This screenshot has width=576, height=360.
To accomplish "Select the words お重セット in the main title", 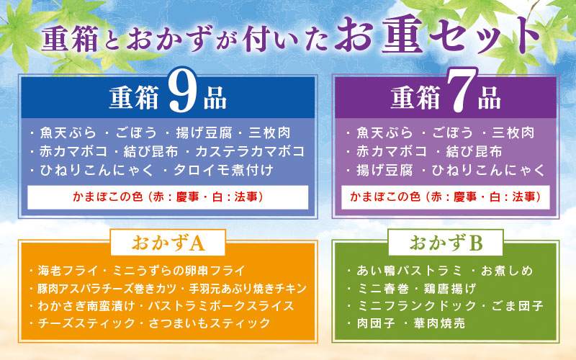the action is pyautogui.click(x=437, y=36).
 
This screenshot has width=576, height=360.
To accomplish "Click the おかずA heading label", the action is pyautogui.click(x=168, y=243).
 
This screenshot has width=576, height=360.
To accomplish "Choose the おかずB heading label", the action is pyautogui.click(x=446, y=243).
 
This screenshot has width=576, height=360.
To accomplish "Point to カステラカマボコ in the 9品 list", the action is pyautogui.click(x=250, y=151).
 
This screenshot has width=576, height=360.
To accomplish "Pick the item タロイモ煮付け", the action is pyautogui.click(x=223, y=170).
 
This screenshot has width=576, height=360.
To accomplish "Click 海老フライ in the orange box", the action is pyautogui.click(x=68, y=271).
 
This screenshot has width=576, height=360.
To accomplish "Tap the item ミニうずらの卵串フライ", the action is pyautogui.click(x=179, y=271).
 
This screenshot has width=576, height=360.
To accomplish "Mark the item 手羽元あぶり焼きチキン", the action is pyautogui.click(x=248, y=289).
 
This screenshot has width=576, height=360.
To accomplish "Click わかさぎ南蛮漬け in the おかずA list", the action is pyautogui.click(x=86, y=306).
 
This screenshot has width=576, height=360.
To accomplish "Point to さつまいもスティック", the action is pyautogui.click(x=210, y=323).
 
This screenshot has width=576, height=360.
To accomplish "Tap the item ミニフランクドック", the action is pyautogui.click(x=417, y=305).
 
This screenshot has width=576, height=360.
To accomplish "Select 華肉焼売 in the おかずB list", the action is pyautogui.click(x=439, y=323).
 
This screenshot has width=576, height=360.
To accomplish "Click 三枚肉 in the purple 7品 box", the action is pyautogui.click(x=513, y=133).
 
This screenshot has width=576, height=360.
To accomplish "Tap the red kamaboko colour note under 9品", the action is pyautogui.click(x=168, y=197).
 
